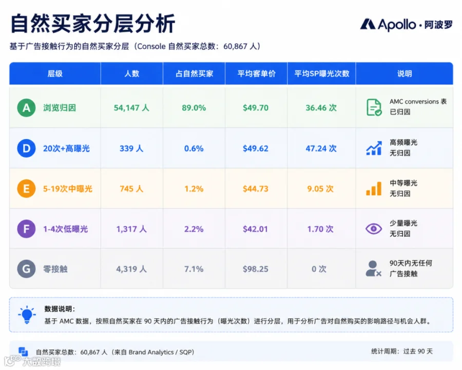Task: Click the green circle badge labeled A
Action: [x=26, y=108]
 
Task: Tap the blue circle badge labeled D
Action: [x=26, y=148]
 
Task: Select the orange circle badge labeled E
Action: [x=26, y=189]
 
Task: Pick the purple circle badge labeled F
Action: [x=26, y=229]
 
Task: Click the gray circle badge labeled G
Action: [x=26, y=269]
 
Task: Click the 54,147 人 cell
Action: [x=131, y=108]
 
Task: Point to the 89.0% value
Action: [x=194, y=108]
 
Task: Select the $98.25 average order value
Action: [x=256, y=269]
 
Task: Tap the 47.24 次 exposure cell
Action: [x=321, y=148]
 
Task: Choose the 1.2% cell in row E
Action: [x=194, y=189]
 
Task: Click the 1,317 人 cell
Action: [x=131, y=229]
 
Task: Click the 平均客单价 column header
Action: [x=256, y=73]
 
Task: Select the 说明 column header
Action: [x=405, y=73]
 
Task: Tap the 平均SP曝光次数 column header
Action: [x=322, y=73]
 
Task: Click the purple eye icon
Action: [x=374, y=229]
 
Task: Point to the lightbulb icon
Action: [x=27, y=314]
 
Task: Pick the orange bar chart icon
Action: [x=374, y=189]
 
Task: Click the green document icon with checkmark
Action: [x=374, y=107]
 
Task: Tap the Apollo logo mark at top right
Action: [x=368, y=24]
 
